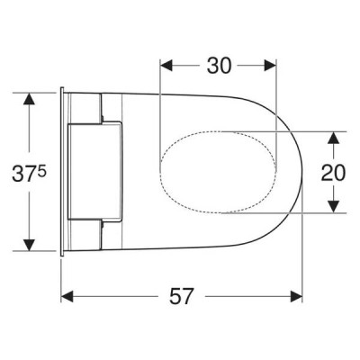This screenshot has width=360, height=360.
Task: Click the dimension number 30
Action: pos(219,66)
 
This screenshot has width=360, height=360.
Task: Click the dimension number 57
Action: pos(181,296)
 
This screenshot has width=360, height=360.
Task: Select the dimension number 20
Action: pos(333,173)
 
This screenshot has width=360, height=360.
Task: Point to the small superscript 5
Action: pos(42,170)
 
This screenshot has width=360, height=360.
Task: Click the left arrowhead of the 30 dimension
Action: pos(166,66)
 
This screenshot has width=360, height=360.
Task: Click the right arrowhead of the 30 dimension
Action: pos(270,66)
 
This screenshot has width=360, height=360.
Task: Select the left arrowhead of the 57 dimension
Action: pos(67,296)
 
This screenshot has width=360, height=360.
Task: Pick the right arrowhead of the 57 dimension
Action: pos(296,296)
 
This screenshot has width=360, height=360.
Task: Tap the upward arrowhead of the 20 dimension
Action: pos(333,138)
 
